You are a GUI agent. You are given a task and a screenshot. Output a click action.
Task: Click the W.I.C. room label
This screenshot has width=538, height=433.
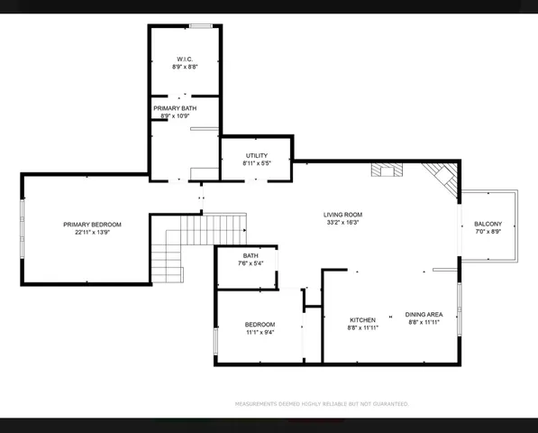pos(185,60)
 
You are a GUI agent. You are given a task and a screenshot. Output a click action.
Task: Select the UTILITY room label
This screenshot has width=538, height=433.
pos(256,156)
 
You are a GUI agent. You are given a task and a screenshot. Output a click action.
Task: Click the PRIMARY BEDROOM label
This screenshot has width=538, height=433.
pos(92,224)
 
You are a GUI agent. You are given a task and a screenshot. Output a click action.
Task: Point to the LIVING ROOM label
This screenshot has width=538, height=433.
pos(342,214)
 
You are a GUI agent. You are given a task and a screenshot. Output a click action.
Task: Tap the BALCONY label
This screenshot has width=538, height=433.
pos(488,224)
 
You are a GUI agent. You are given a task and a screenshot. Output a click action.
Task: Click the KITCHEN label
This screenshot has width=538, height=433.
pos(362,319)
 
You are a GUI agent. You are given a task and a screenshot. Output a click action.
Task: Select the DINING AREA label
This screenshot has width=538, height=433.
pos(424,314)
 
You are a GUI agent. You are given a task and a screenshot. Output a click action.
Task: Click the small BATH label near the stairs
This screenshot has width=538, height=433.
pos(250,256)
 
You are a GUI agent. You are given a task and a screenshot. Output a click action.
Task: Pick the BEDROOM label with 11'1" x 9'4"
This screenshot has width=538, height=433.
pos(260,324)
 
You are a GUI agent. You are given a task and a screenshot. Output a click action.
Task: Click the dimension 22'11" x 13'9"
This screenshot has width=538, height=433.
pos(92,233)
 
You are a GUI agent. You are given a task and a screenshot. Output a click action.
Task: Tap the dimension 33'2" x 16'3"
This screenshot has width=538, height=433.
pos(342,223)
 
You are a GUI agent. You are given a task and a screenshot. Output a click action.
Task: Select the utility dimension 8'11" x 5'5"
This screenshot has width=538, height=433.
pos(256,164)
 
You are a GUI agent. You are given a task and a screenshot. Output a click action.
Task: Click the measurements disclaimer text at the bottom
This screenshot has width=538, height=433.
pos(322,404)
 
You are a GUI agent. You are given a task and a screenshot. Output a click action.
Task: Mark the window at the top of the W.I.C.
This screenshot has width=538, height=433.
pos(200,26)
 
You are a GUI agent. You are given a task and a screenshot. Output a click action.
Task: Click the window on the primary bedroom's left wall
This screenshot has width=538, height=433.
pos(23,229)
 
